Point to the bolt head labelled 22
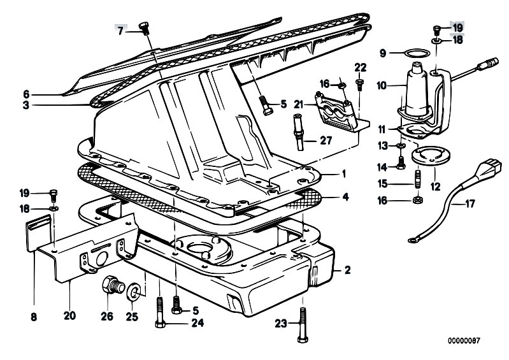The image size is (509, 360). point(360,81)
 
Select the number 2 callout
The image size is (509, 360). point(347,270)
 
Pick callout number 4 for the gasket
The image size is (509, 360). point(345,197)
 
